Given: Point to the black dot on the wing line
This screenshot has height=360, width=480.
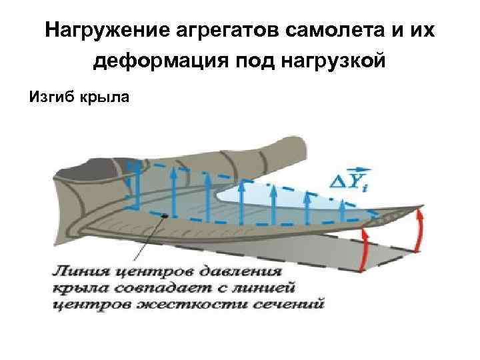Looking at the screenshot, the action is point(164,215).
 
